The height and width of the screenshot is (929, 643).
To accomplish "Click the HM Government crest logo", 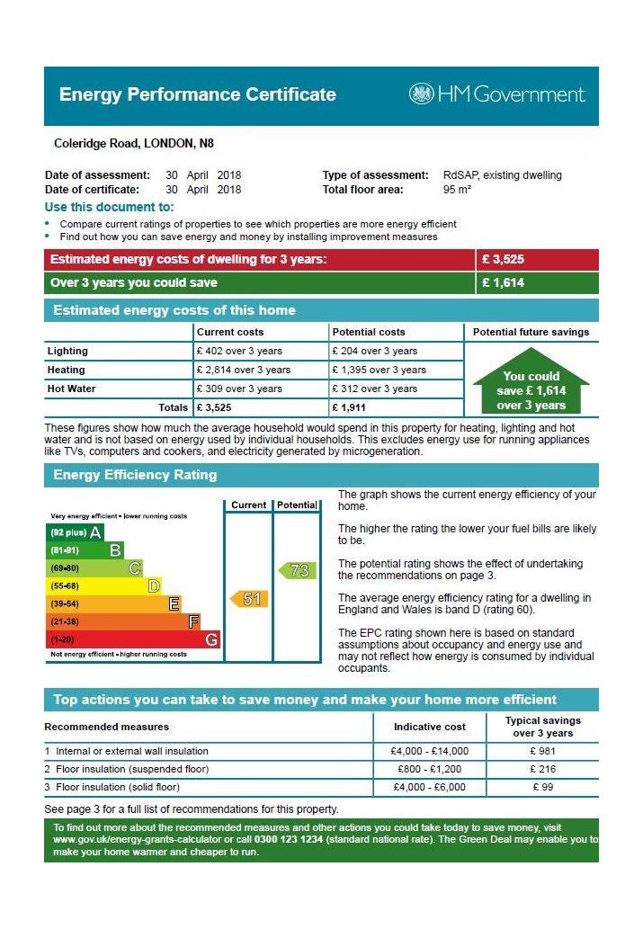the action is coord(422,94).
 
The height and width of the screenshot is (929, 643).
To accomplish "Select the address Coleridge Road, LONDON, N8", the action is coord(134,143).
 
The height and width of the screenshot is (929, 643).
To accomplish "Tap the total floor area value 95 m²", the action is coord(457,190).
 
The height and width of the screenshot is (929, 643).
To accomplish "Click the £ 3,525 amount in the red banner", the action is coord(503,260).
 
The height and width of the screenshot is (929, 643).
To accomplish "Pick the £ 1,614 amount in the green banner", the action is coord(503,282).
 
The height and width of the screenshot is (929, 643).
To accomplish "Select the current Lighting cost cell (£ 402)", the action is coord(239,351).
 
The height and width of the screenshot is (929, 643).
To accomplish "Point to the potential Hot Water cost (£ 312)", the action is coord(375,389).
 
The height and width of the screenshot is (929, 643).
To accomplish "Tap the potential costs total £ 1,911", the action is coord(349,407).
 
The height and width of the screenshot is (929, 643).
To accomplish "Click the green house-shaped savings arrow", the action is coord(531,381).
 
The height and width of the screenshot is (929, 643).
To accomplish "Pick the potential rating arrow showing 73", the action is coord(298,570).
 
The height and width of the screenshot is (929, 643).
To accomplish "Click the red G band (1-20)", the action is coord(133,640).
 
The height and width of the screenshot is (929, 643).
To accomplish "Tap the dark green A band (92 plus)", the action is coord(75,532).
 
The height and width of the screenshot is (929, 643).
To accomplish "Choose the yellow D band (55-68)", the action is coord(103,586).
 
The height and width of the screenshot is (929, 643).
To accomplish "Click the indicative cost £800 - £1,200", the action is coord(430,769).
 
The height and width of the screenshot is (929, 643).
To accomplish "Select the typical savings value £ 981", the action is coord(543,751).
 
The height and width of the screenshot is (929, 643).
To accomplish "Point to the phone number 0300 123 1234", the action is coord(289,840).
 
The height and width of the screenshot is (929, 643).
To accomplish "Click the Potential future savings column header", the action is coord(531,333).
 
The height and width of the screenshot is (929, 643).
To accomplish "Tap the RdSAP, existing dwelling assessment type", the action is coord(503,175).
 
